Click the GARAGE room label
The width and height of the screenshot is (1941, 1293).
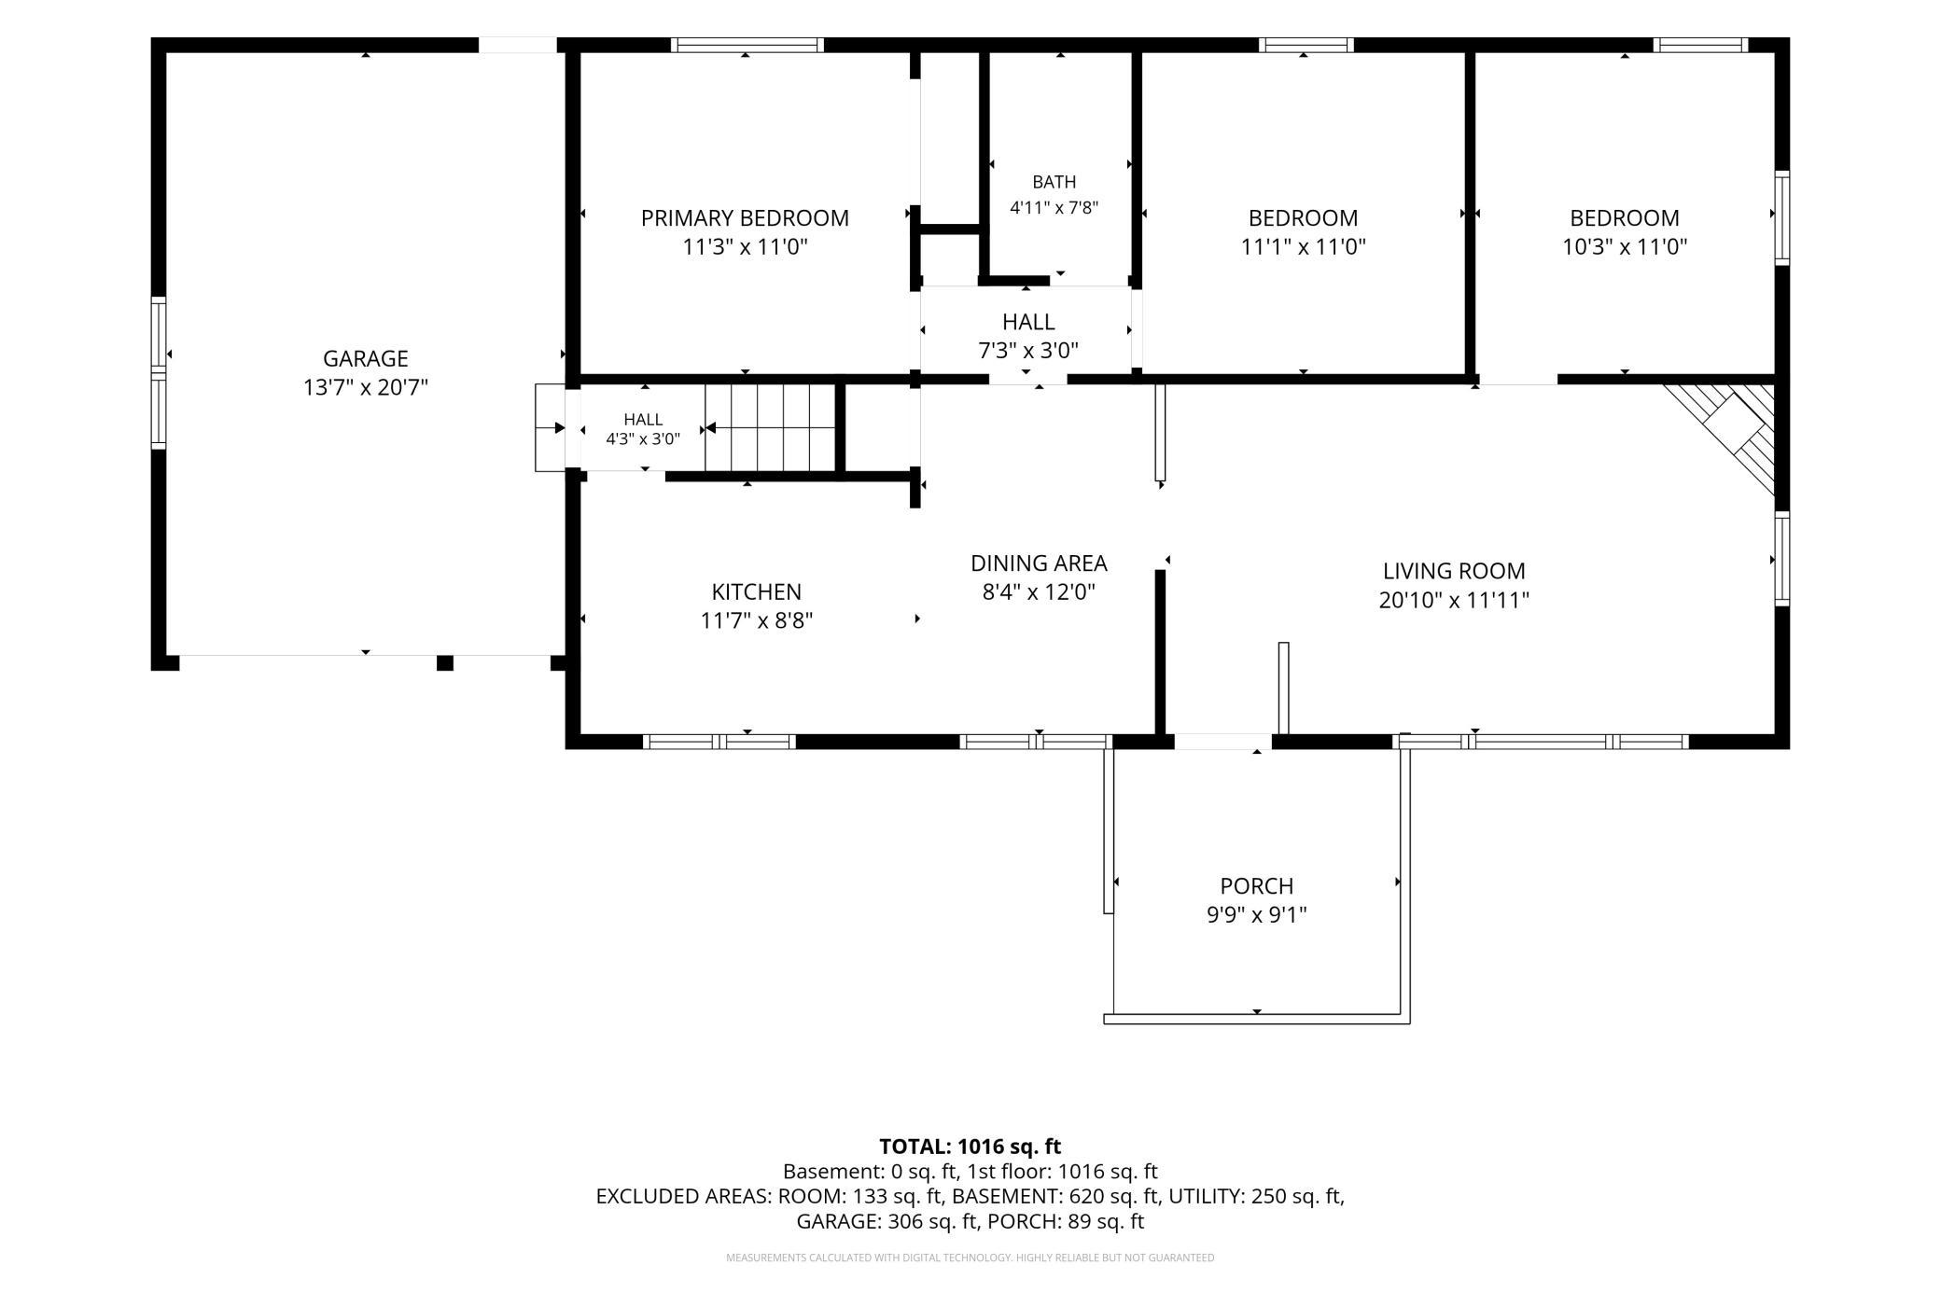pyautogui.click(x=366, y=358)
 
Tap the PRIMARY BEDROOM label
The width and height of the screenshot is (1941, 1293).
pyautogui.click(x=745, y=218)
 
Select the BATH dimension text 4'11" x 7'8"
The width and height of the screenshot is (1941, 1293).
pyautogui.click(x=1054, y=207)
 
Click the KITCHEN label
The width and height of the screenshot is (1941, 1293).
pyautogui.click(x=757, y=591)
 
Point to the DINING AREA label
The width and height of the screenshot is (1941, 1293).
pyautogui.click(x=1039, y=563)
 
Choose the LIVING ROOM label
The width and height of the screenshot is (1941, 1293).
pyautogui.click(x=1454, y=571)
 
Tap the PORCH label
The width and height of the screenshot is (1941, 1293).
pyautogui.click(x=1257, y=885)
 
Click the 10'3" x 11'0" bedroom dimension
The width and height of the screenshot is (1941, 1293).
pyautogui.click(x=1625, y=247)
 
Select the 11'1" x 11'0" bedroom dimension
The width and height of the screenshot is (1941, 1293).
pyautogui.click(x=1304, y=247)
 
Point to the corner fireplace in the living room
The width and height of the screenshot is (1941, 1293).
pyautogui.click(x=1726, y=434)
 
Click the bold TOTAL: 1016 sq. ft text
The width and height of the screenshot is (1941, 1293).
pyautogui.click(x=970, y=1147)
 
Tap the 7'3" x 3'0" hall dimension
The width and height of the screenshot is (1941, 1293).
pyautogui.click(x=1028, y=351)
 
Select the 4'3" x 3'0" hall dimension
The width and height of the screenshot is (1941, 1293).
pyautogui.click(x=643, y=438)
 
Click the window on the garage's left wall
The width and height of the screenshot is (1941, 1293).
pyautogui.click(x=159, y=373)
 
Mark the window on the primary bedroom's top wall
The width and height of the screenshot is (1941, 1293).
pyautogui.click(x=747, y=45)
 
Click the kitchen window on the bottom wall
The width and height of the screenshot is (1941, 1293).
pyautogui.click(x=719, y=742)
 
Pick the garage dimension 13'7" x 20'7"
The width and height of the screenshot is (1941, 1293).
pyautogui.click(x=366, y=387)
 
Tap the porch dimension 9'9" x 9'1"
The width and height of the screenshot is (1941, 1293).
pyautogui.click(x=1257, y=914)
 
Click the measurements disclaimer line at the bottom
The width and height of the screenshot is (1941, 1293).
pyautogui.click(x=970, y=1258)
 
